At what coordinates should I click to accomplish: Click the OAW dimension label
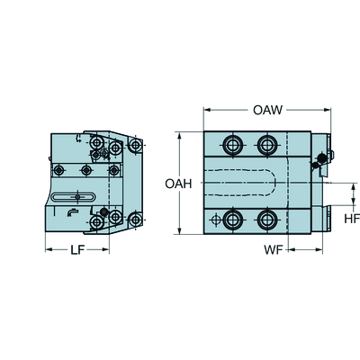pos(267,111)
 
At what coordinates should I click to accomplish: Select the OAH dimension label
pos(176,184)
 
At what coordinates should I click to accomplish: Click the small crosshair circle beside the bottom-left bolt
pos(213,220)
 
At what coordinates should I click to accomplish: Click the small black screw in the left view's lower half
pos(104,212)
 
